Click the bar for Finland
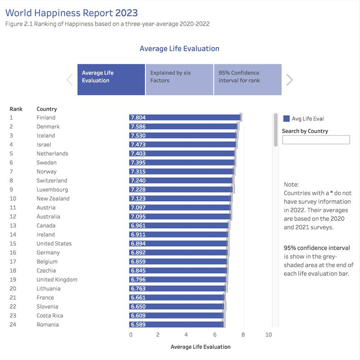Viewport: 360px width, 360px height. [x=184, y=118]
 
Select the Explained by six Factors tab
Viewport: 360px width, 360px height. [x=179, y=80]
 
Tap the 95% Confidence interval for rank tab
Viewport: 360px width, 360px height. [x=247, y=80]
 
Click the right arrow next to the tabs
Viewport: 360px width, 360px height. [x=289, y=80]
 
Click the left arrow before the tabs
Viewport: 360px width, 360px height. [x=70, y=80]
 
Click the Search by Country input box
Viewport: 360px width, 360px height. [x=315, y=140]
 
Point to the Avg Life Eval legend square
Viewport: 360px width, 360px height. [x=286, y=119]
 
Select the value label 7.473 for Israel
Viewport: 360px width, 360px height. [x=138, y=145]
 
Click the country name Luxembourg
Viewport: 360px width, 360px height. [x=52, y=190]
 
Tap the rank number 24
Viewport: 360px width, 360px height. [x=13, y=325]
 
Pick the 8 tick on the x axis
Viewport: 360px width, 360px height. [x=243, y=335]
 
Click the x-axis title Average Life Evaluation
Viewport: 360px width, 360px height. [x=201, y=347]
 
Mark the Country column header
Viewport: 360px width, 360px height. [x=47, y=109]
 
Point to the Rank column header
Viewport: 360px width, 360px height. [x=16, y=109]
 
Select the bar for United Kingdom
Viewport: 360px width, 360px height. [x=178, y=280]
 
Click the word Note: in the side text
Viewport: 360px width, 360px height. [x=291, y=185]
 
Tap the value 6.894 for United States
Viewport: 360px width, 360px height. [x=138, y=244]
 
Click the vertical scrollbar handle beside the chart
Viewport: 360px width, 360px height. [x=276, y=130]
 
